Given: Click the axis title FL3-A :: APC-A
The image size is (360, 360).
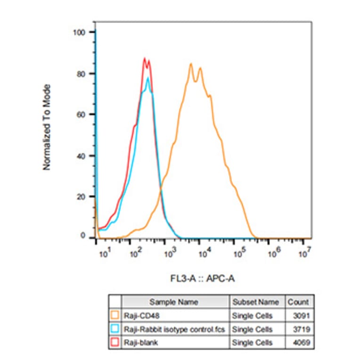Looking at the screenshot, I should click(x=203, y=278).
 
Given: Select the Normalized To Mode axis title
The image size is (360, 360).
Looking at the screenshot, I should click(x=47, y=127).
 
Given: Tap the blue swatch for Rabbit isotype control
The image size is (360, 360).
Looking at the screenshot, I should click(x=115, y=329).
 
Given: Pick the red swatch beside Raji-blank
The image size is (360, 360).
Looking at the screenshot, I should click(x=115, y=343).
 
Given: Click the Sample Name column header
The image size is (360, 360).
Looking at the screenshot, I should click(x=174, y=302).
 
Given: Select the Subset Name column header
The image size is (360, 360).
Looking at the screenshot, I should click(x=255, y=302).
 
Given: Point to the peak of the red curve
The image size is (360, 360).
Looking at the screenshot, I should click(x=145, y=58).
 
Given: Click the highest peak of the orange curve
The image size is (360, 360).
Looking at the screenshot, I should click(x=191, y=64).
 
